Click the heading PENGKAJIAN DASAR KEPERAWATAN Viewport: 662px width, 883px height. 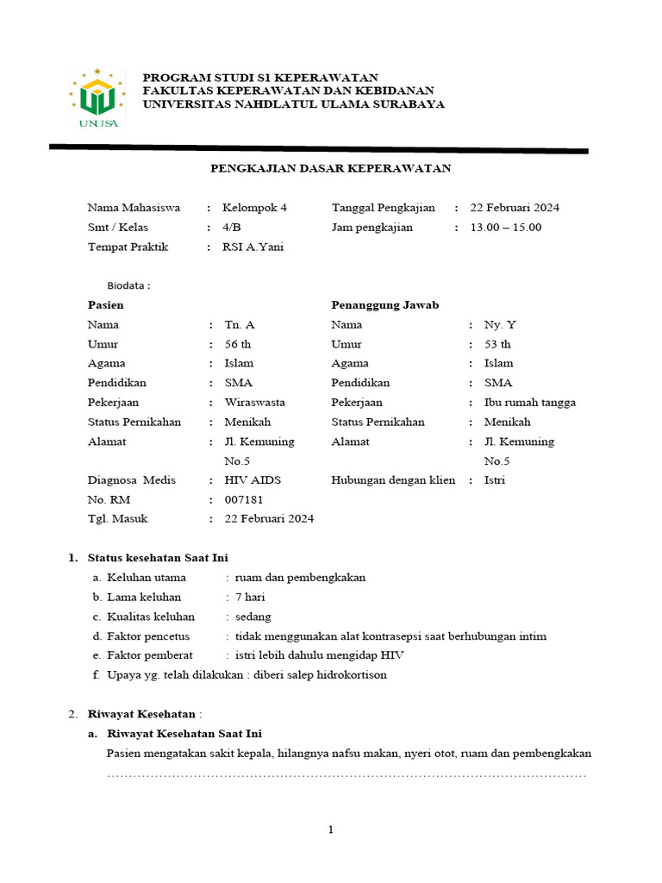tap(331, 168)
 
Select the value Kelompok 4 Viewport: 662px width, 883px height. tap(255, 208)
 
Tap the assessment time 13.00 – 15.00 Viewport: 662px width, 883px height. tap(505, 228)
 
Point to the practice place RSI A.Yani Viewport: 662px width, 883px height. tap(253, 247)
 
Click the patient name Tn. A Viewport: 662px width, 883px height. tap(240, 325)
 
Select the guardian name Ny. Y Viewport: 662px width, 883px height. tap(500, 325)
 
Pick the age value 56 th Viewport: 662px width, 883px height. tap(238, 344)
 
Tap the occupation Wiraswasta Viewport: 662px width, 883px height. tap(255, 403)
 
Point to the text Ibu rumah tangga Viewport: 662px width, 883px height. tap(529, 403)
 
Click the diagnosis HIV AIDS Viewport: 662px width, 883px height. tap(253, 480)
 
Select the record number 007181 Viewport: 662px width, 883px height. tap(244, 499)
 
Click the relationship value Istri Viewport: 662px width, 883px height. tap(495, 480)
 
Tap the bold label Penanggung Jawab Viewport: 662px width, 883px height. tap(384, 305)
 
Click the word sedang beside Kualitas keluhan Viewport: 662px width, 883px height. tap(253, 617)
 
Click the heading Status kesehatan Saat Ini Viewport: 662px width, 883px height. tap(158, 558)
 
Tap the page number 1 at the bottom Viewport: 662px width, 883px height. tap(330, 830)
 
